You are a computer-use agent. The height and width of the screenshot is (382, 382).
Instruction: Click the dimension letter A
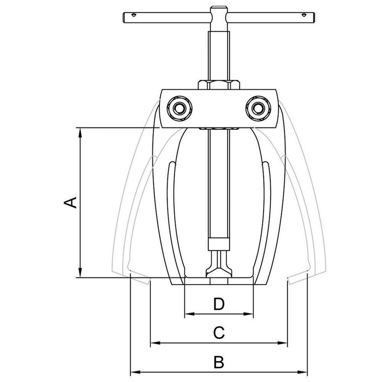point(70,202)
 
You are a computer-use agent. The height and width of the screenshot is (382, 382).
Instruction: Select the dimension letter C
point(218,332)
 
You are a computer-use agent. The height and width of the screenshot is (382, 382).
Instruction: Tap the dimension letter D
point(218,303)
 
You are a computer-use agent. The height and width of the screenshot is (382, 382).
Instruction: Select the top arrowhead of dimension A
point(80,131)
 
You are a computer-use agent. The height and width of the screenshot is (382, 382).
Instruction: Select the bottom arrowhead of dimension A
point(80,274)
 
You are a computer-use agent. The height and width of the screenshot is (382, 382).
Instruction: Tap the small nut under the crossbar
point(218,129)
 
